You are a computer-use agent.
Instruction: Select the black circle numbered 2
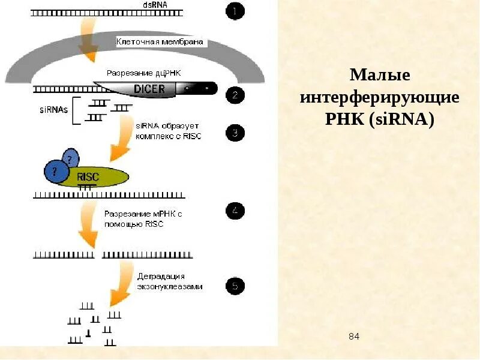click(x=235, y=94)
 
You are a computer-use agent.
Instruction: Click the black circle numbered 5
click(x=235, y=286)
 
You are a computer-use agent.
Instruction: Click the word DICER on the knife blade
click(x=143, y=89)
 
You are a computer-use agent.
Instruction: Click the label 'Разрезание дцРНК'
click(x=143, y=73)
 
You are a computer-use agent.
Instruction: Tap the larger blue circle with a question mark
click(x=56, y=172)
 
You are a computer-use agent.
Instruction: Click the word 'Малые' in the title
click(x=380, y=76)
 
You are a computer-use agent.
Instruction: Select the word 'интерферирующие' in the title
click(x=380, y=97)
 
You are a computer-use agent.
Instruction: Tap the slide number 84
click(x=354, y=337)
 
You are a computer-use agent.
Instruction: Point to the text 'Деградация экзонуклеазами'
click(x=170, y=281)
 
